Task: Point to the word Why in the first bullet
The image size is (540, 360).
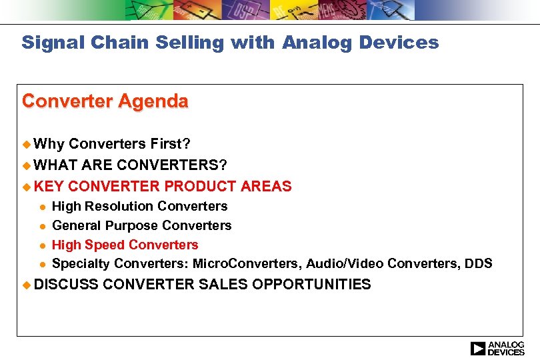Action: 49,144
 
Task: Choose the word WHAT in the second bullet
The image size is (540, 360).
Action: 56,165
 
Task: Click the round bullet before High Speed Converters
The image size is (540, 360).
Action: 41,245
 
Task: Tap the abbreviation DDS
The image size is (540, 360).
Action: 479,264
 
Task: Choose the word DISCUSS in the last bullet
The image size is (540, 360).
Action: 67,285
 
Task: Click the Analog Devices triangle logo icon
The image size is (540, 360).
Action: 478,348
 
